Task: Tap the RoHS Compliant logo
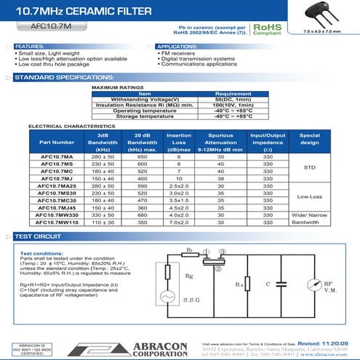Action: point(265,29)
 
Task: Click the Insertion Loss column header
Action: point(179,142)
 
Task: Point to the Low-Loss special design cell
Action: point(309,197)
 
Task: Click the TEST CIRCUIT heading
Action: point(38,237)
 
